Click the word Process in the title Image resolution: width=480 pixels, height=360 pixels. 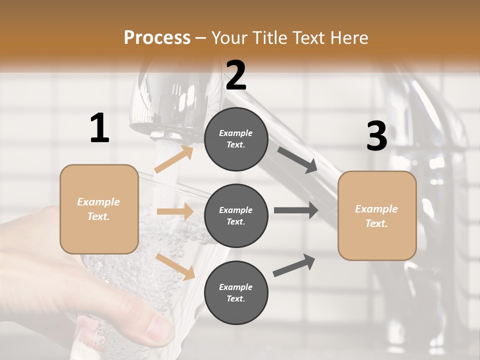click(x=157, y=37)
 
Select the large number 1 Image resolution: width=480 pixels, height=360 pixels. click(x=99, y=128)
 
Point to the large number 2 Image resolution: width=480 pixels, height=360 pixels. click(x=236, y=75)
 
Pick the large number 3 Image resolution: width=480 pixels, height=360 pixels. click(x=376, y=136)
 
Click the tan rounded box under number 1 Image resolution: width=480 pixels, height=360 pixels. click(x=99, y=209)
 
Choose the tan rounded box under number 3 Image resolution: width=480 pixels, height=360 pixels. click(x=377, y=215)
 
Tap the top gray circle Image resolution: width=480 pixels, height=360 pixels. click(x=236, y=139)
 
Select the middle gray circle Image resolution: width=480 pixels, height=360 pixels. click(x=236, y=215)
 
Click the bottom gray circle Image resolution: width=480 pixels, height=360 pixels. click(x=236, y=292)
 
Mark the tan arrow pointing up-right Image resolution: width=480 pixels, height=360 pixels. click(x=173, y=159)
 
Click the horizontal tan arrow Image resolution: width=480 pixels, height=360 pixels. click(x=175, y=211)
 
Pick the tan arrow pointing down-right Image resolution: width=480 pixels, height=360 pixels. click(x=175, y=266)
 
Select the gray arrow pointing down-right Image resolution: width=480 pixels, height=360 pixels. click(x=297, y=159)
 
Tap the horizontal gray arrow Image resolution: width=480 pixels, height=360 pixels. click(x=296, y=210)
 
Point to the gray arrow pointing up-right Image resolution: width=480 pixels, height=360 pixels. click(x=294, y=265)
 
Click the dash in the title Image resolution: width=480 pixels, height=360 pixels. click(x=201, y=38)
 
